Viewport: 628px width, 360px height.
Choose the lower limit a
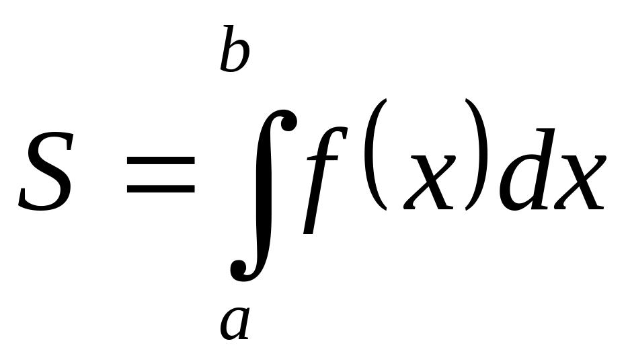(235, 322)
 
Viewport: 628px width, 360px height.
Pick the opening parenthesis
(379, 155)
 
